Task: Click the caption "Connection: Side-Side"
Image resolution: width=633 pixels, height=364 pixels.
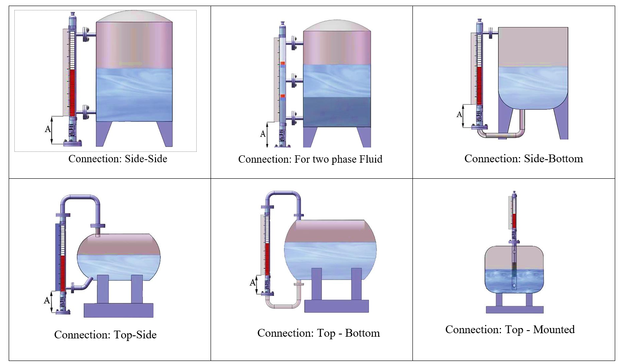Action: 118,159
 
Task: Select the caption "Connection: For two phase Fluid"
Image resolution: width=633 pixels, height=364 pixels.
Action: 310,159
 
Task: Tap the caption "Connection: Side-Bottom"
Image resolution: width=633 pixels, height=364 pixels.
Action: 524,159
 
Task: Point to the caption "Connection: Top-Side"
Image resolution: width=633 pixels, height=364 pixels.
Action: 105,334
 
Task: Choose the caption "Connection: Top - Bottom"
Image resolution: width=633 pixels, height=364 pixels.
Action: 318,333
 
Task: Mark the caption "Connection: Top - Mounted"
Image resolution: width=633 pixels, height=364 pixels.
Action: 510,330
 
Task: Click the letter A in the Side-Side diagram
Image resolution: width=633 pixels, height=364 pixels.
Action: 48,129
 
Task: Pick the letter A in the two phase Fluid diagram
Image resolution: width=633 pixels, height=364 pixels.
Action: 263,134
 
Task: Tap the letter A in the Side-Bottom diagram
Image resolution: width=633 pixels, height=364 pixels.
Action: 459,115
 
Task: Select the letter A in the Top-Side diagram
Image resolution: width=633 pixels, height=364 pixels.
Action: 46,300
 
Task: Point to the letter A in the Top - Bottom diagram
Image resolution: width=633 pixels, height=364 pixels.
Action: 252,283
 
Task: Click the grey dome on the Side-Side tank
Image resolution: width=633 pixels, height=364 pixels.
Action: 134,16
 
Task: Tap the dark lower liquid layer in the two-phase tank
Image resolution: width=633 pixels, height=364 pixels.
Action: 337,112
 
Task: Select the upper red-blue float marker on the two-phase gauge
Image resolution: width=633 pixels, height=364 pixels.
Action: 283,65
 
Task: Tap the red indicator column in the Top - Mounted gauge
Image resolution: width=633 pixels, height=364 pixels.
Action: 514,220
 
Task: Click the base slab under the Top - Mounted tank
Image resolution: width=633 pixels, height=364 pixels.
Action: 514,310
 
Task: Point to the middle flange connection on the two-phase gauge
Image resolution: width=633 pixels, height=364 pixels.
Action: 295,81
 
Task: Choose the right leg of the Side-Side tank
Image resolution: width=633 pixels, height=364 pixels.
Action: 165,133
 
